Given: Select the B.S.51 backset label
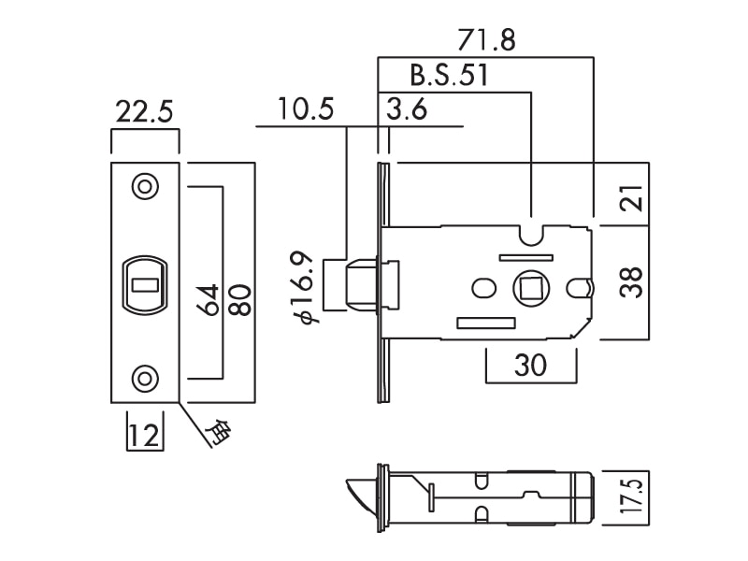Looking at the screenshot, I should [x=449, y=76].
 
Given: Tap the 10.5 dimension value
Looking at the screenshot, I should [x=306, y=110].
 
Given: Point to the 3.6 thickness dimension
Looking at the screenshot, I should [x=407, y=110].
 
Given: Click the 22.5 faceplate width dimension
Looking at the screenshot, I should [x=144, y=113].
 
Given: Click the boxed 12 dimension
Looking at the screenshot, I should [x=143, y=435].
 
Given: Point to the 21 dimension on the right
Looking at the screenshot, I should [x=632, y=199].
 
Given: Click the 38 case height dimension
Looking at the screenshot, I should [x=632, y=283].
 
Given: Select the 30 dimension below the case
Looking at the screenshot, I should [x=530, y=366].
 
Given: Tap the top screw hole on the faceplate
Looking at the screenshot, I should [x=144, y=185].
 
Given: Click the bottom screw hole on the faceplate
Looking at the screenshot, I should [x=144, y=378].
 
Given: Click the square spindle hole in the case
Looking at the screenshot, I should [x=531, y=286].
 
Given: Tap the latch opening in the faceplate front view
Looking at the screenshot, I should [x=144, y=282].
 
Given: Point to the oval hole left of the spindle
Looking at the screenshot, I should [x=486, y=287].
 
